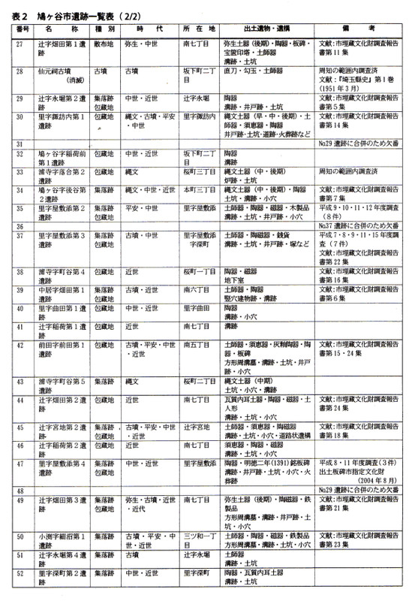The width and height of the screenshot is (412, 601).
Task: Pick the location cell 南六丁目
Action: point(197,289)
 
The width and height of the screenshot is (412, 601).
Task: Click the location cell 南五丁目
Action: point(197,344)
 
